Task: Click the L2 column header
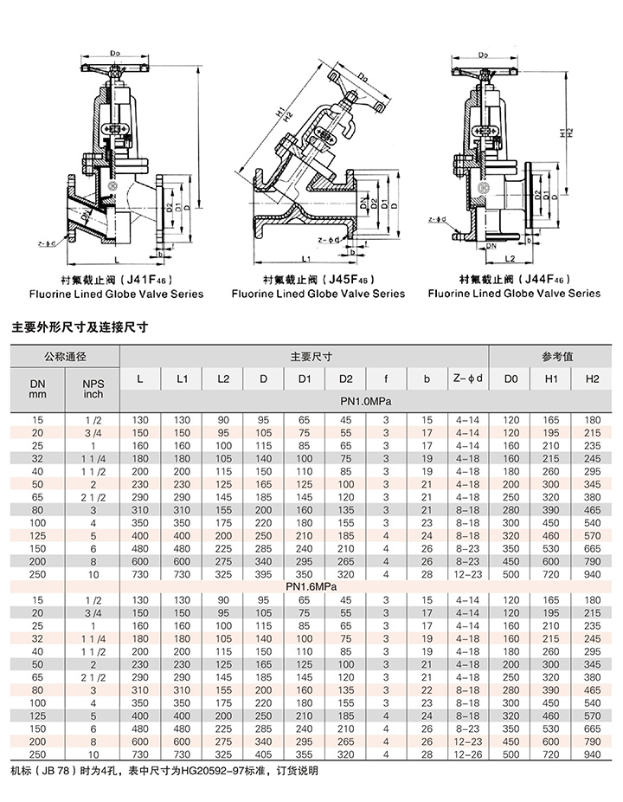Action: (x=223, y=379)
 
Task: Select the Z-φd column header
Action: (x=467, y=379)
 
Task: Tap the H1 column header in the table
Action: (x=550, y=379)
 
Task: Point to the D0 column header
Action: (x=511, y=379)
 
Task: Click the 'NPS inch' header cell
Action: (x=93, y=389)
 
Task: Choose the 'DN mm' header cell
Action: (x=37, y=389)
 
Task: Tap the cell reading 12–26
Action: (x=467, y=754)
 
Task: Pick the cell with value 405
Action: (x=263, y=754)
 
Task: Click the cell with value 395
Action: (x=263, y=574)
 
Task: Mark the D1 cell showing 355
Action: (x=304, y=754)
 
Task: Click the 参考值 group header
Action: (x=550, y=356)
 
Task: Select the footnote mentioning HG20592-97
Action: (x=164, y=771)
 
